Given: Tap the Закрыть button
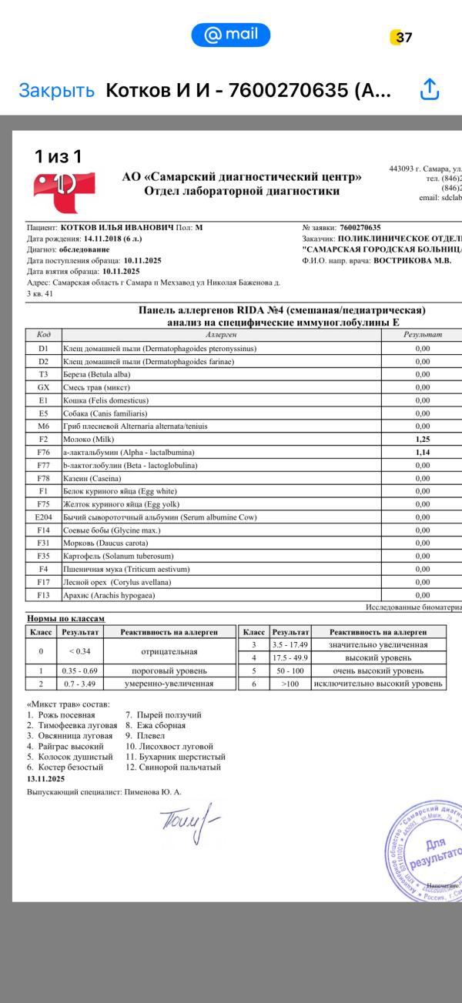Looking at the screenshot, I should tap(57, 90).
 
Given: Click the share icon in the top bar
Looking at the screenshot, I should tap(429, 90).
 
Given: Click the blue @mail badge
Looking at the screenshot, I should tap(230, 35).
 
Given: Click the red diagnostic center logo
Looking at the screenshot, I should tap(63, 192).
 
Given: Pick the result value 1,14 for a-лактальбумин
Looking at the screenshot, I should tap(422, 453).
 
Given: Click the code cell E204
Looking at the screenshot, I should tap(43, 517).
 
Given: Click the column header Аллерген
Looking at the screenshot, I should tap(222, 335).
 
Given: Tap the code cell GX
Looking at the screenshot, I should tap(43, 387).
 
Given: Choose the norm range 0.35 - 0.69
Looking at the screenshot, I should tap(80, 670).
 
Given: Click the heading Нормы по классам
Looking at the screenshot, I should tap(65, 618).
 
